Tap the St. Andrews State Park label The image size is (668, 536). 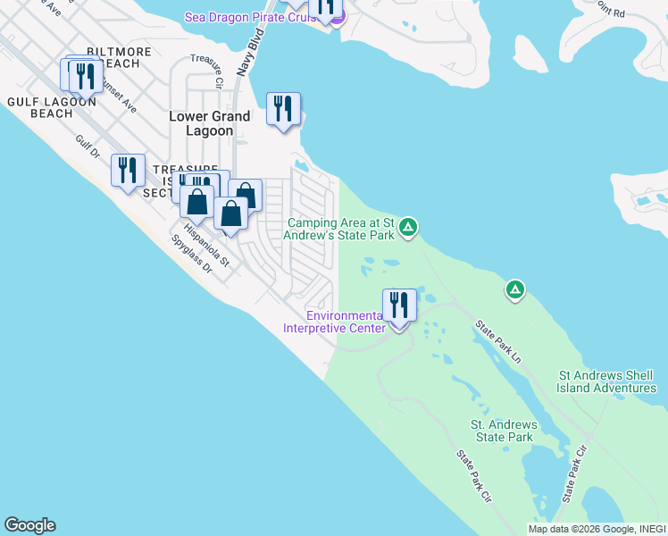click(504, 431)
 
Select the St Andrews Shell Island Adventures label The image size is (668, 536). click(606, 381)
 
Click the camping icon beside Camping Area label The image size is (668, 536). click(408, 228)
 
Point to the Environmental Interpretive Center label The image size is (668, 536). click(334, 322)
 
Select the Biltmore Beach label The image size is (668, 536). click(113, 57)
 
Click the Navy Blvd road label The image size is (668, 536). click(257, 54)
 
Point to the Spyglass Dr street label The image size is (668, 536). click(193, 255)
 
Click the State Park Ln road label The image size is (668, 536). click(497, 341)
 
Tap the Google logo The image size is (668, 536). click(29, 525)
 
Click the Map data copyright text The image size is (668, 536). click(597, 529)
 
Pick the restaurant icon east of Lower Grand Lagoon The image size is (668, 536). click(283, 110)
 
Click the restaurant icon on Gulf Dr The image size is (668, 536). click(128, 169)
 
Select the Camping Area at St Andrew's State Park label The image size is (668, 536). click(340, 229)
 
